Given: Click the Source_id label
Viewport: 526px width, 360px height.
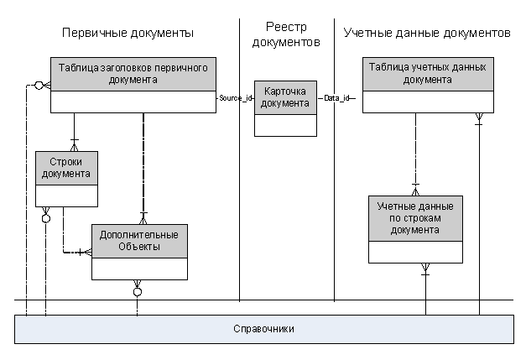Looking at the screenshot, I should pyautogui.click(x=235, y=98).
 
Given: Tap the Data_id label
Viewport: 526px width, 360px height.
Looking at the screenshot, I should pyautogui.click(x=336, y=98).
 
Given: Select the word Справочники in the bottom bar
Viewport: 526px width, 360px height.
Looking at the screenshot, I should pyautogui.click(x=263, y=329).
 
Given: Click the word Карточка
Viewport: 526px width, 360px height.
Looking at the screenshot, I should pyautogui.click(x=285, y=91).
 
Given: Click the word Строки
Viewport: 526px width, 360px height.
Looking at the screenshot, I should pyautogui.click(x=66, y=162).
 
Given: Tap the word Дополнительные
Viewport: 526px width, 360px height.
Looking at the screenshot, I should pyautogui.click(x=139, y=235).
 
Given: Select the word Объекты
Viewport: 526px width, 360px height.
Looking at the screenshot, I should pyautogui.click(x=139, y=247).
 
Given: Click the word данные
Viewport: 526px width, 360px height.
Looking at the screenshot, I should pyautogui.click(x=435, y=206).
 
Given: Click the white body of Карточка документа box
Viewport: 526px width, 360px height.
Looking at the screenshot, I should pyautogui.click(x=285, y=125).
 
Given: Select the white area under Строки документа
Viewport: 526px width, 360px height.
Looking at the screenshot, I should pyautogui.click(x=66, y=196).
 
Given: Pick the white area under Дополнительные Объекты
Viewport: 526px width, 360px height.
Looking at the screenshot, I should pyautogui.click(x=139, y=269).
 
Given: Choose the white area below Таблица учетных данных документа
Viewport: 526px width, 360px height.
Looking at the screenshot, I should pyautogui.click(x=428, y=102).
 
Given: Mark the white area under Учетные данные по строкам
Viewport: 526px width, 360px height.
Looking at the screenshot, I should pyautogui.click(x=415, y=252).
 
